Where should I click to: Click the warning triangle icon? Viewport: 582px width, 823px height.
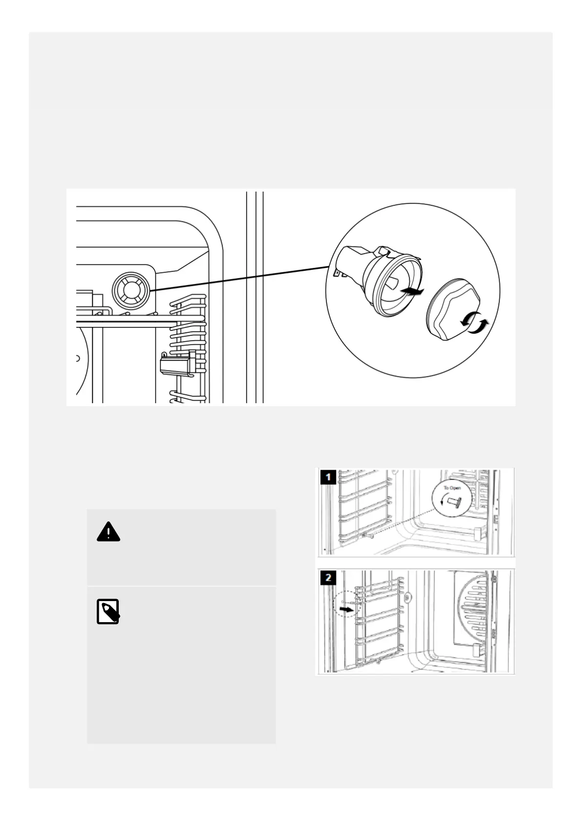tap(108, 532)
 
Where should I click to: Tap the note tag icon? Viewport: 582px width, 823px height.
tap(108, 611)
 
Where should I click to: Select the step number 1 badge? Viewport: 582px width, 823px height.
tap(328, 476)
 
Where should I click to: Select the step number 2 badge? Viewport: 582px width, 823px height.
tap(328, 578)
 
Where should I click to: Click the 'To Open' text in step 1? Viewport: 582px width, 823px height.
tap(452, 488)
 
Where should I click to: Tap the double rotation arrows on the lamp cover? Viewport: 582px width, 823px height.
tap(474, 324)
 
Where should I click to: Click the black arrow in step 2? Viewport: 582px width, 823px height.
tap(346, 610)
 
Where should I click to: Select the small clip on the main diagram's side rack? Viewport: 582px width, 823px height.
tap(177, 364)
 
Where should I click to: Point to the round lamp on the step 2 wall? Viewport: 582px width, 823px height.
tap(407, 597)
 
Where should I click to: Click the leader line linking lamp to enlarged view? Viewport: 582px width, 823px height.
tap(239, 279)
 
